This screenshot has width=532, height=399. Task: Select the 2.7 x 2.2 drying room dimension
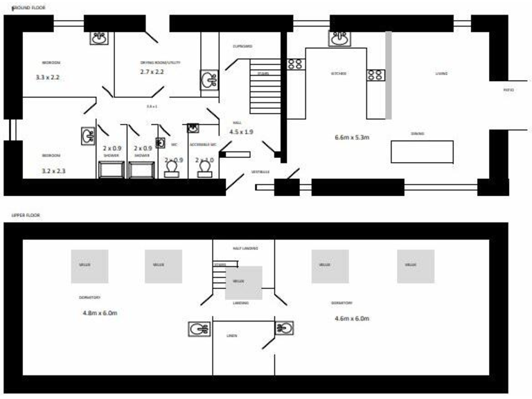point(152,72)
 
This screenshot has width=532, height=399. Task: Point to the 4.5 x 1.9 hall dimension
point(242,131)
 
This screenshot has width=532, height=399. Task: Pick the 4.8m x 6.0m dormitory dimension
point(100,313)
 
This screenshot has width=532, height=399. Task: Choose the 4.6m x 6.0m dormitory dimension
point(351,319)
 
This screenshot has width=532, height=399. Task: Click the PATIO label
point(508,90)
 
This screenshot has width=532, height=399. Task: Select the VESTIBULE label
point(259,171)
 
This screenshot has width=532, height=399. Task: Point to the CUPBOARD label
point(242,46)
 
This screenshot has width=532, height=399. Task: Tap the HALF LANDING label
point(245,247)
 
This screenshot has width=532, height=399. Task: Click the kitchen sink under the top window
point(339,39)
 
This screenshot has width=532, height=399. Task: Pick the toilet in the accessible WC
point(204,168)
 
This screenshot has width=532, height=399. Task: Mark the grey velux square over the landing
point(244,283)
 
